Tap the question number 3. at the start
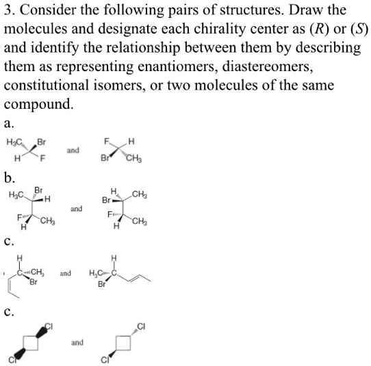[11, 12]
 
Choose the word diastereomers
[301, 68]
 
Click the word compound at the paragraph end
[37, 105]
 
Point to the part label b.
[10, 179]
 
